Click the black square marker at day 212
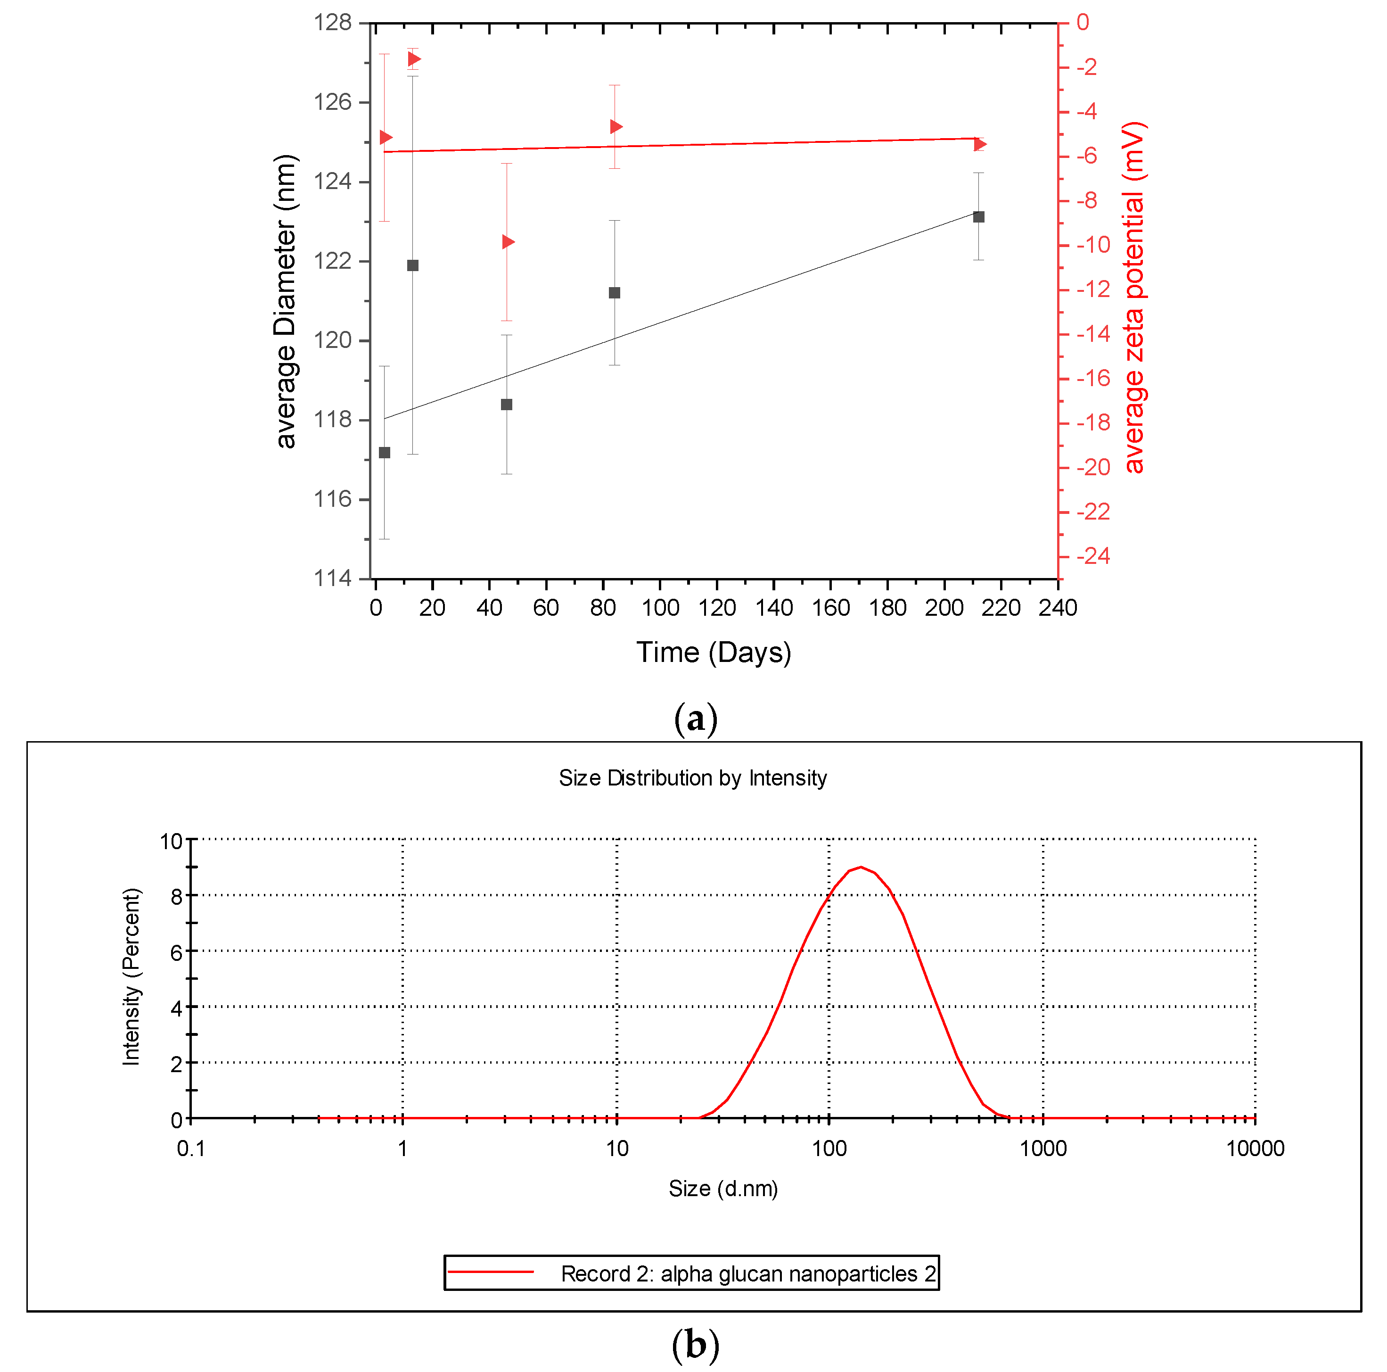coord(978,217)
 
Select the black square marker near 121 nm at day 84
coord(615,293)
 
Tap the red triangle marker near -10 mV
coord(508,242)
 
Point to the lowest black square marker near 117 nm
coord(385,453)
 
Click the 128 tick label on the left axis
coord(332,23)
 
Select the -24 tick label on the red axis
coord(1093,556)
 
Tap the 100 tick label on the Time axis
coord(660,608)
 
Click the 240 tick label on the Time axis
coord(1058,608)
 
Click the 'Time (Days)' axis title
coord(714,652)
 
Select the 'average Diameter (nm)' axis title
coord(285,302)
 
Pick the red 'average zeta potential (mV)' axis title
coord(1134,298)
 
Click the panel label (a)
coord(695,719)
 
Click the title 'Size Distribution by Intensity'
coord(693,778)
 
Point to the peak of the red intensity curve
coord(860,867)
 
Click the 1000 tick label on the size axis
coord(1042,1149)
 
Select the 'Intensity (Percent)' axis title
coord(131,977)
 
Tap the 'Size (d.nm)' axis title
coord(723,1189)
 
